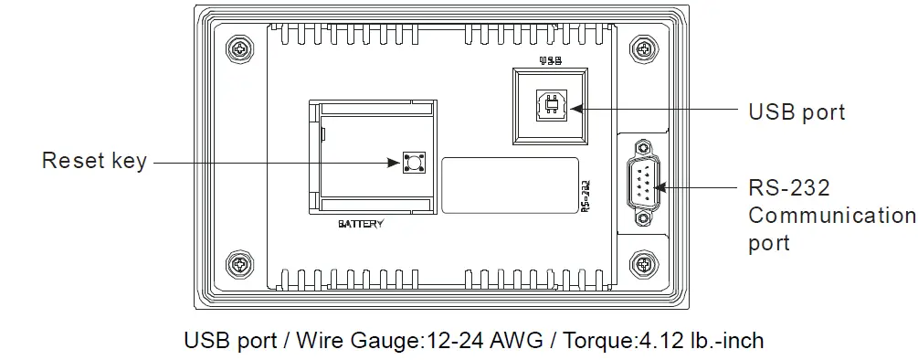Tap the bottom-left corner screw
(x=239, y=265)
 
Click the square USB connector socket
(x=551, y=107)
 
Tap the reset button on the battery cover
(x=410, y=163)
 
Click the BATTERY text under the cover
(x=361, y=223)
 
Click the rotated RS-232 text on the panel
(x=586, y=195)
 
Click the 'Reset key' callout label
(x=94, y=162)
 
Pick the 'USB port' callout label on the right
(x=797, y=111)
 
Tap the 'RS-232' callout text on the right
(x=789, y=188)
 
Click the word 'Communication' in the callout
(x=831, y=216)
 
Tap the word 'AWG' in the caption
(x=518, y=342)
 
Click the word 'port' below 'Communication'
(x=769, y=244)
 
